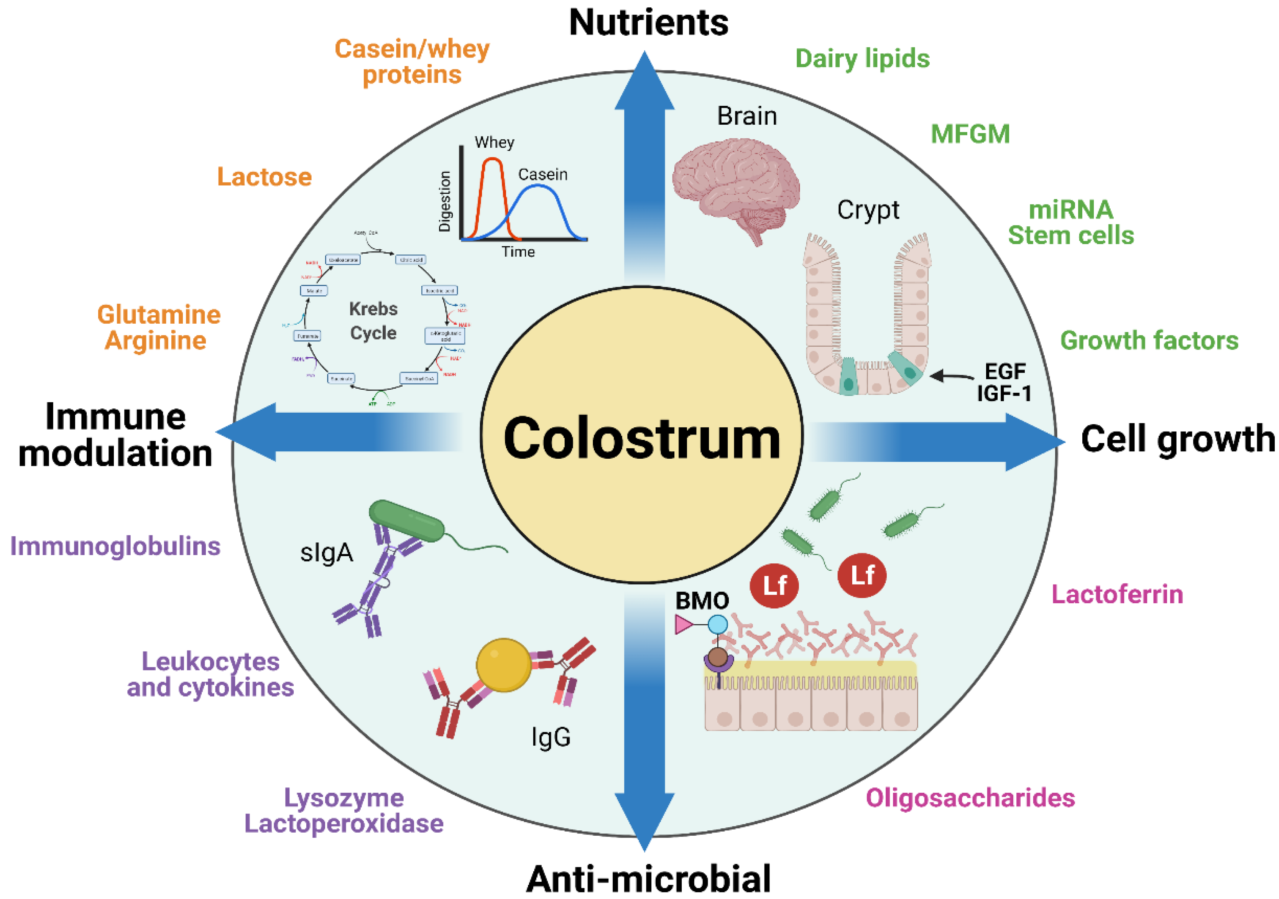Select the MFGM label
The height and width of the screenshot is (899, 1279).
(x=970, y=134)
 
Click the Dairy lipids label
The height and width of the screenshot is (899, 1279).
(x=862, y=59)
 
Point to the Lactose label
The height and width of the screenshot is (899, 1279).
(x=264, y=177)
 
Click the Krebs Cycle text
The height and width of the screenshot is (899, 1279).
(x=373, y=321)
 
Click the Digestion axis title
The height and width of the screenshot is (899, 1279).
(x=444, y=201)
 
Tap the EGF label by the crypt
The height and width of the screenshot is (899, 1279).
(x=1004, y=371)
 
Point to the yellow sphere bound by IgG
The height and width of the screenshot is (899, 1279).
(x=503, y=665)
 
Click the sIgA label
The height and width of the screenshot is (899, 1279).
(x=326, y=553)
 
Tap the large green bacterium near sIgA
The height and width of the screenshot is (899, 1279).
(x=407, y=520)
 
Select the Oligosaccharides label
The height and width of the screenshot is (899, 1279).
(x=970, y=798)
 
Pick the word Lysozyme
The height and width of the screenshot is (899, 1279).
(x=344, y=798)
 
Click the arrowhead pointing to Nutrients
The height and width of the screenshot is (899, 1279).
(x=644, y=81)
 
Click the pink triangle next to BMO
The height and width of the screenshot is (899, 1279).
(x=683, y=624)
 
